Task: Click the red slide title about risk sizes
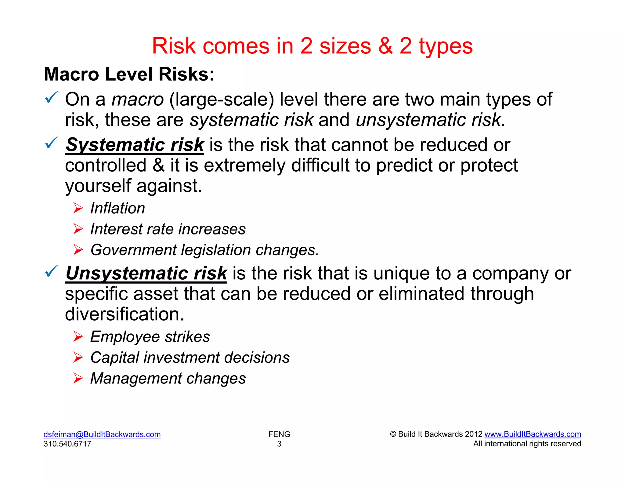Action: [312, 46]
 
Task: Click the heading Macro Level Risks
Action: [129, 74]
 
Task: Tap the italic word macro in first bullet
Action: [138, 100]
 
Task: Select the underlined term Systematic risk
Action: [135, 145]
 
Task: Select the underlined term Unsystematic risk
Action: [146, 273]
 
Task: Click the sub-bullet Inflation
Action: [117, 208]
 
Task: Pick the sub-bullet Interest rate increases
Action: [168, 229]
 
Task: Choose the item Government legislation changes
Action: [204, 250]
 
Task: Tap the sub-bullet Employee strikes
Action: [150, 337]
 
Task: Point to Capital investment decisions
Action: [190, 358]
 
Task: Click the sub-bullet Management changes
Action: [168, 378]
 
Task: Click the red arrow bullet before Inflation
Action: [78, 208]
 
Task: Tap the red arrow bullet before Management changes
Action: [78, 378]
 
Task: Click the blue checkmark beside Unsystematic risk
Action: [51, 271]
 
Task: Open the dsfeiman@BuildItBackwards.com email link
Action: [102, 434]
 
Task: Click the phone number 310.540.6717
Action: [67, 444]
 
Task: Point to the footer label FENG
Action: [279, 434]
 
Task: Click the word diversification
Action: [125, 314]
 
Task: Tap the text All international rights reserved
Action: [527, 444]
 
